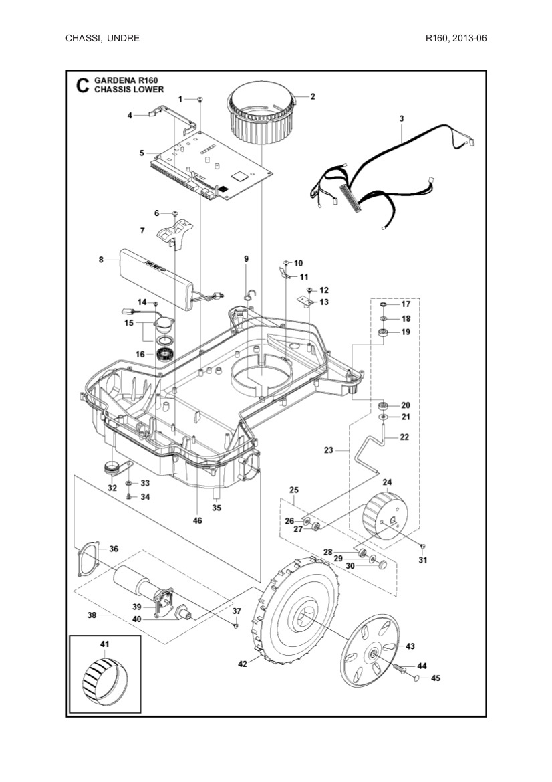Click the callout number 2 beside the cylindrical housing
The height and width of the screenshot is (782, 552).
pos(313,96)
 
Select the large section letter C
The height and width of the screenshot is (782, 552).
pos(82,85)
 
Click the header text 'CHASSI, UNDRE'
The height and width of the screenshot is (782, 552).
pos(102,38)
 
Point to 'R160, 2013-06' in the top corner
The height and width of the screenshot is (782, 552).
pos(456,38)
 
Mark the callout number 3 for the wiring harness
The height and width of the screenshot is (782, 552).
pos(401,118)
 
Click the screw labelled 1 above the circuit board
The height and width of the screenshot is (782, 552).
pos(201,100)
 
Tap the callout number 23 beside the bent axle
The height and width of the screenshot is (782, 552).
pos(328,450)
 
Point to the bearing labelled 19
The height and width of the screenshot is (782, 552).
pos(383,332)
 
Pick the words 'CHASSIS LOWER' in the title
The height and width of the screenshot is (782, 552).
pos(128,89)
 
